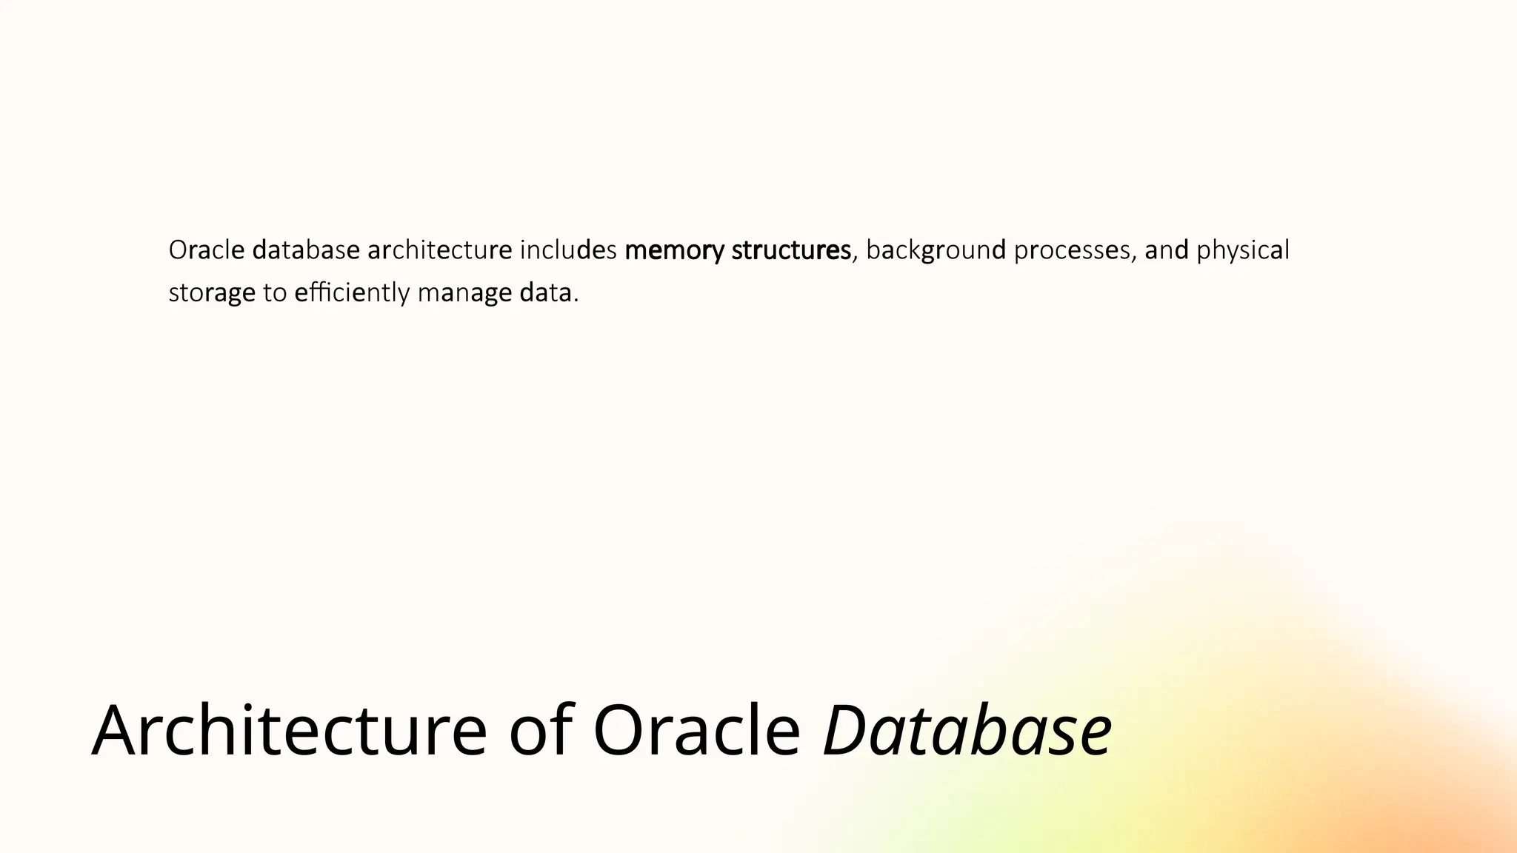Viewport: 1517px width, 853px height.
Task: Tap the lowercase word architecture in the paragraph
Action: (x=439, y=250)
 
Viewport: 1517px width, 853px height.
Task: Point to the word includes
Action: (x=568, y=250)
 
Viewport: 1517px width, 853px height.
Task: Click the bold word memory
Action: (x=674, y=250)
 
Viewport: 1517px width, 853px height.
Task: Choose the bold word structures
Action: (x=791, y=250)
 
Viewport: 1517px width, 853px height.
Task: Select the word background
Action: (x=936, y=250)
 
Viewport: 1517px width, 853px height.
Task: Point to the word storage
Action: (x=212, y=293)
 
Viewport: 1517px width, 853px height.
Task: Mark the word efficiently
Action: (x=352, y=293)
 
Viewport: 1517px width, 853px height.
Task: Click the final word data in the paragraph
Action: (x=546, y=293)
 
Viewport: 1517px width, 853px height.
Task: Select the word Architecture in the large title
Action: (x=289, y=730)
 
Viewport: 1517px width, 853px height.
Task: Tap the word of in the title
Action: (x=541, y=730)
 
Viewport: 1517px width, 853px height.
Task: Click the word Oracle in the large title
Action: (x=696, y=730)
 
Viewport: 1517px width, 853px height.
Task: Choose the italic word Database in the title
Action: (x=967, y=730)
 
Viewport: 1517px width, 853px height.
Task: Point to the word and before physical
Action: (x=1167, y=250)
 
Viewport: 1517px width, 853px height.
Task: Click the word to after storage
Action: (x=275, y=293)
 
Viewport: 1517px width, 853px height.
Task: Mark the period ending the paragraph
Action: (x=576, y=300)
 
